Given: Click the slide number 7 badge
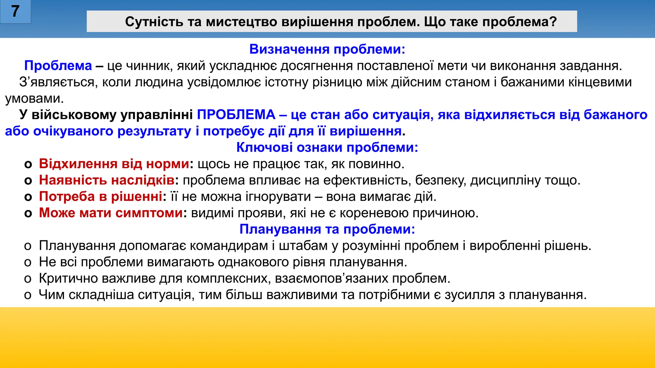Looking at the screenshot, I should coord(15,12).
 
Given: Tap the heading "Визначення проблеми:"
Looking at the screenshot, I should coord(327,49).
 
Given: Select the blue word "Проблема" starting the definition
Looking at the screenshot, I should coord(58,66).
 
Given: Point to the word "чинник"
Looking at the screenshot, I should coord(150,66).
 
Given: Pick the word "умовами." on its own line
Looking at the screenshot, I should coord(35,99).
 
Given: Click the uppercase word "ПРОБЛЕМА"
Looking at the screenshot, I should coord(236,115).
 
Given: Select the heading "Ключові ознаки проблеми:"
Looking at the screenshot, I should coord(327,148).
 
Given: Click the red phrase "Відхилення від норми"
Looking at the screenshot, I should coord(114,164).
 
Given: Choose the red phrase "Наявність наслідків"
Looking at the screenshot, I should coord(107,180).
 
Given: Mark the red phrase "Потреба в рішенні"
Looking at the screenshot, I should coord(100,196).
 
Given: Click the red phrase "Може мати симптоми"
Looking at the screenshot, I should coord(111,213).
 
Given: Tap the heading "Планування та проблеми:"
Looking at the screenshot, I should coord(327,229).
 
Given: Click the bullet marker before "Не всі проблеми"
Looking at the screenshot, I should coord(28,263).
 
